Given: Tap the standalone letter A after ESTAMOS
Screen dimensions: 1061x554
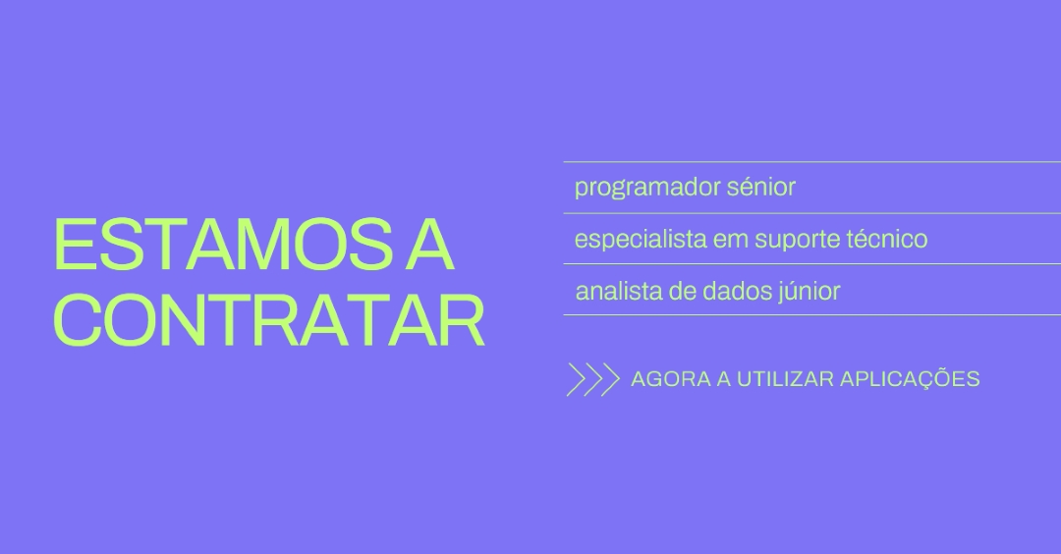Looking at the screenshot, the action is click(429, 245).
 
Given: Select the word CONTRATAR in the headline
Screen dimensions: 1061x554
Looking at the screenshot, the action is click(268, 320).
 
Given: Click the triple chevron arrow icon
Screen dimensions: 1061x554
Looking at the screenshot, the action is click(592, 379).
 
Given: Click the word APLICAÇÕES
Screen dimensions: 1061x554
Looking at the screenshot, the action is click(910, 378).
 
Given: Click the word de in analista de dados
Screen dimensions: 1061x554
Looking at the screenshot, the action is click(683, 291).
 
